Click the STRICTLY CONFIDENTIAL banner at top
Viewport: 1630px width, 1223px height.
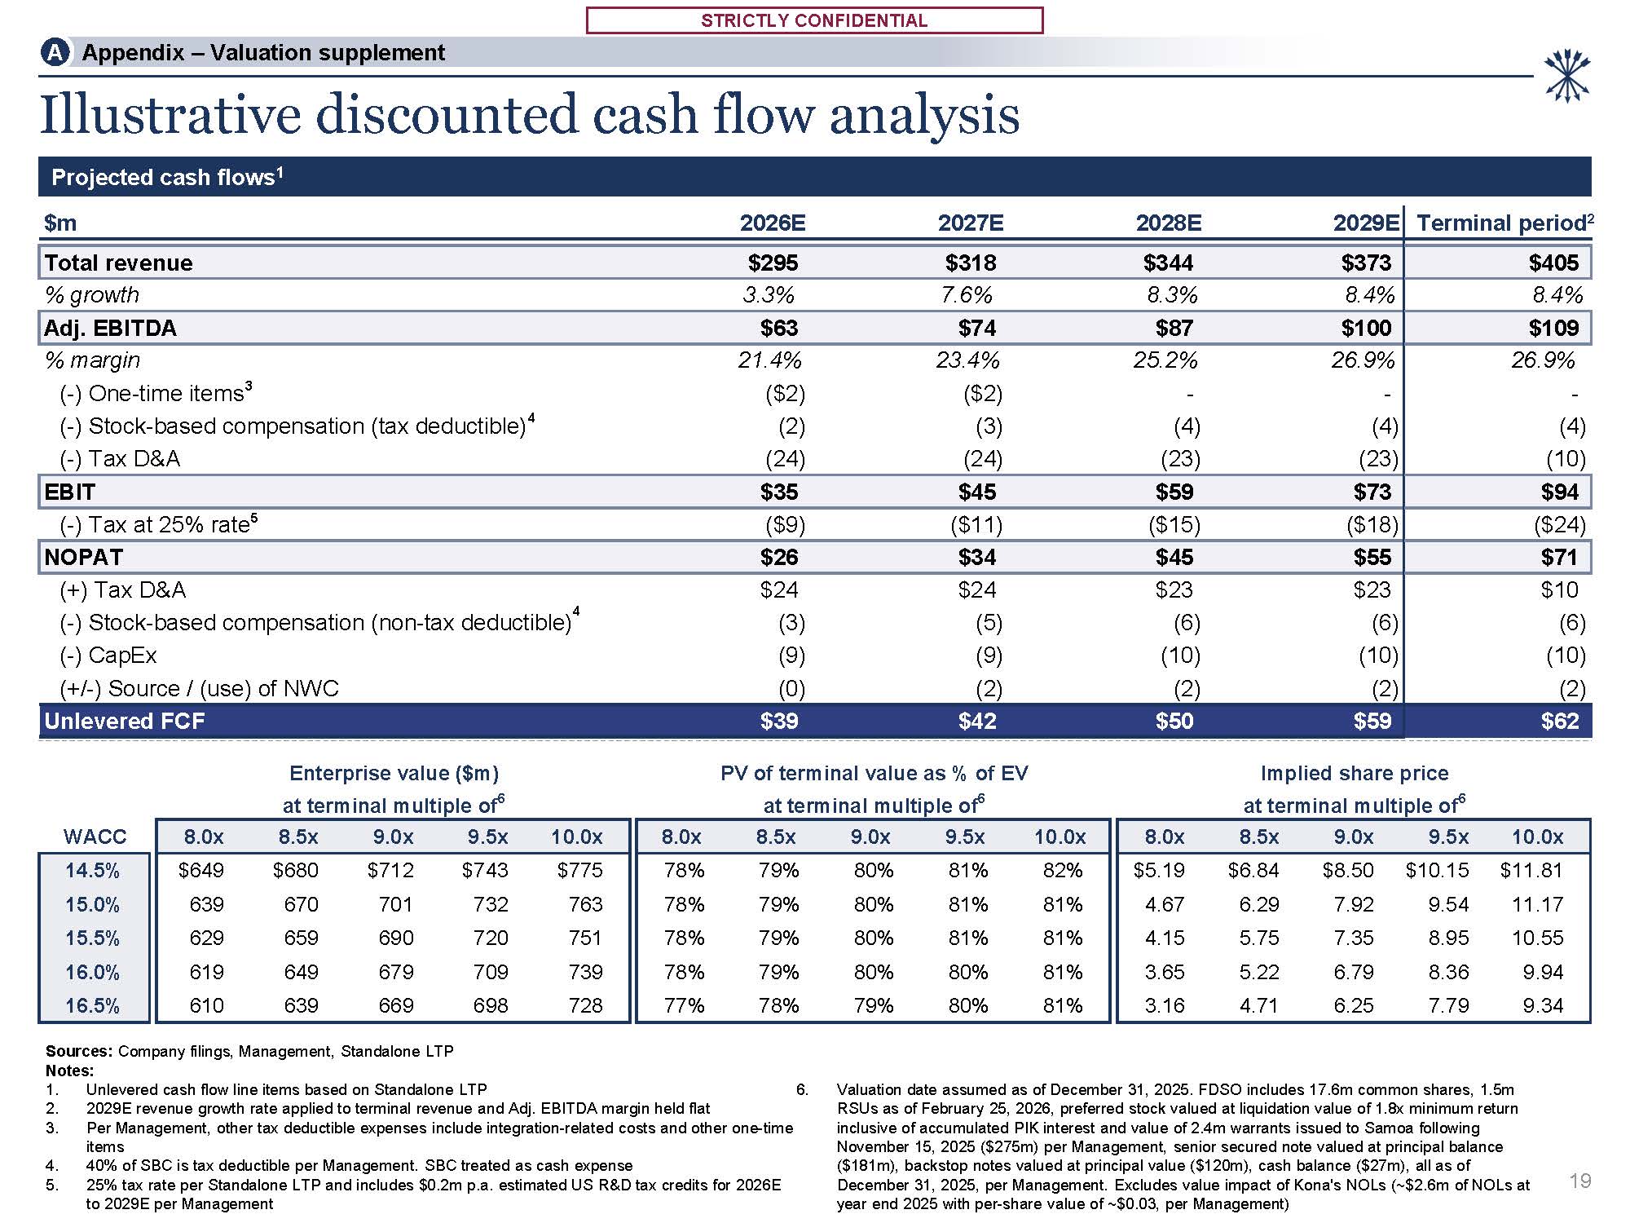814,20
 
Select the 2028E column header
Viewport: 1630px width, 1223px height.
1170,223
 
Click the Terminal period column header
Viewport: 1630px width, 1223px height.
1504,223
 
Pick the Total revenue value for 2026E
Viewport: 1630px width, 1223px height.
773,263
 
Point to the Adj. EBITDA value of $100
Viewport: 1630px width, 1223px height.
1366,328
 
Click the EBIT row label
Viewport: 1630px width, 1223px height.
70,492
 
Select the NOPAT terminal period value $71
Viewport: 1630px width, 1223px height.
1559,557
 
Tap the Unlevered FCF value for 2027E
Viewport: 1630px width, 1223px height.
976,721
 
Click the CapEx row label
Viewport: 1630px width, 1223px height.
122,656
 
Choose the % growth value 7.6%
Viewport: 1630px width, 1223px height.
967,294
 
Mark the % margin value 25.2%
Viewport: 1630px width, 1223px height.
1165,360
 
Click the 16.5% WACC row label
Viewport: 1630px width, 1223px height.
92,1005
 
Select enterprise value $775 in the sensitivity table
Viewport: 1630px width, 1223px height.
579,870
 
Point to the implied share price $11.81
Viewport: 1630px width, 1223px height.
1531,870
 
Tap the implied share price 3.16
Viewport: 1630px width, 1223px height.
1164,1005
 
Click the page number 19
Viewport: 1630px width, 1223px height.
1579,1181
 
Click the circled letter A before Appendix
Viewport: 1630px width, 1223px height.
55,53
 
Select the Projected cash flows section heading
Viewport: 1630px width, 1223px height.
166,177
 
